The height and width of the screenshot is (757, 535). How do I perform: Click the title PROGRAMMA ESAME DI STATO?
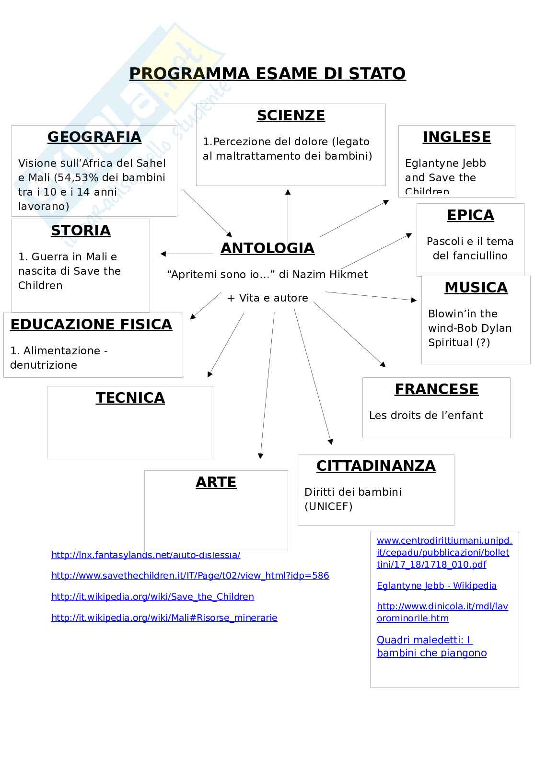[267, 73]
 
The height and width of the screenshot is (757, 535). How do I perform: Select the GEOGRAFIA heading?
[94, 137]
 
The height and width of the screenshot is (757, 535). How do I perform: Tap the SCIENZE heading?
[291, 116]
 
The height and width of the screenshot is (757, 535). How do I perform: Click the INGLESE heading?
[457, 137]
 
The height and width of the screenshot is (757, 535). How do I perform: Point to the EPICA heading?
[470, 215]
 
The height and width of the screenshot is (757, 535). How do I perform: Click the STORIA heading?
[81, 231]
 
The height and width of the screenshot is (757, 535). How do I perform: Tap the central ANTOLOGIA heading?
[267, 248]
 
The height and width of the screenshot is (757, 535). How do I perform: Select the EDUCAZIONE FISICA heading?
[91, 325]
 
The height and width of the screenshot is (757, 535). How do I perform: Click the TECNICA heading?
[130, 398]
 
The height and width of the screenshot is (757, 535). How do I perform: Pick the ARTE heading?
[216, 482]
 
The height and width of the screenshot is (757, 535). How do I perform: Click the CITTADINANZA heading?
[376, 466]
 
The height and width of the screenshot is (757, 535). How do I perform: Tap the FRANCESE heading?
[436, 389]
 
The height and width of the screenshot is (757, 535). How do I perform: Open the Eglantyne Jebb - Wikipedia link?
[436, 585]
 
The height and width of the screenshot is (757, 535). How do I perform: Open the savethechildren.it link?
[190, 575]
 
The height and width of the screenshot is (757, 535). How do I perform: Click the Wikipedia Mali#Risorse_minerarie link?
[164, 617]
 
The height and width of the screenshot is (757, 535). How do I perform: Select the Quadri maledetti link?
[431, 646]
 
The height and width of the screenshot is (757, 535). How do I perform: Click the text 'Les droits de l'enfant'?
[426, 415]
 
